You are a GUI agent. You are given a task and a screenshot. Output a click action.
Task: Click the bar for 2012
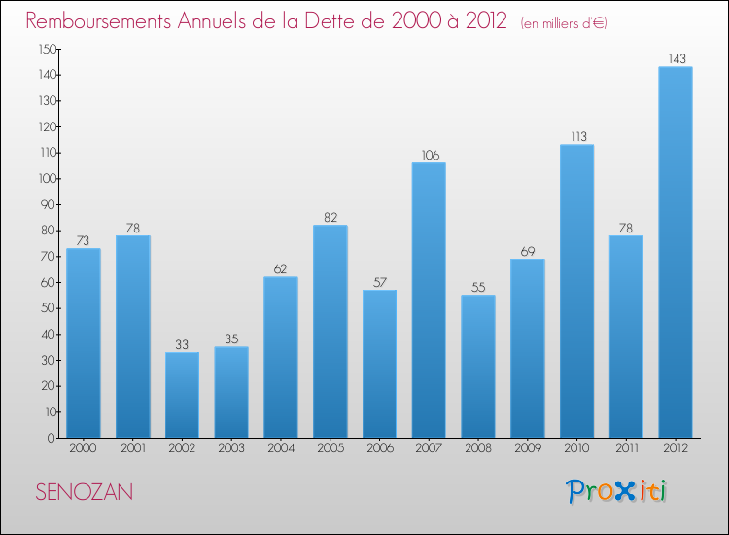(676, 252)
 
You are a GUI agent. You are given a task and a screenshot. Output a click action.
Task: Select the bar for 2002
(182, 395)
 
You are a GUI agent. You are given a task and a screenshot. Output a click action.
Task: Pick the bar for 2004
(281, 357)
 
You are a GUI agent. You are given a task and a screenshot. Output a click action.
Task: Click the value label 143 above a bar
(676, 58)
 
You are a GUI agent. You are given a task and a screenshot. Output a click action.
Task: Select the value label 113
(576, 136)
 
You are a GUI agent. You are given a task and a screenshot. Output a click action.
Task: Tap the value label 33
(182, 343)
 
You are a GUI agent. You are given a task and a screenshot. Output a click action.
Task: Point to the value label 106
(429, 155)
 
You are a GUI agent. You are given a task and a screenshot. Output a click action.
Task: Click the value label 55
(478, 287)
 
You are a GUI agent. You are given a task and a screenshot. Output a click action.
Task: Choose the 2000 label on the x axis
(83, 449)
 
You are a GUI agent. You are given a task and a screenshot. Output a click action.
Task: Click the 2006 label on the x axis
(379, 449)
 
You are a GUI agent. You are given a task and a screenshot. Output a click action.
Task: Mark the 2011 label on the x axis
(626, 449)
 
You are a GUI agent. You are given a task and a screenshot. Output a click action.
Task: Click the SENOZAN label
(85, 492)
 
